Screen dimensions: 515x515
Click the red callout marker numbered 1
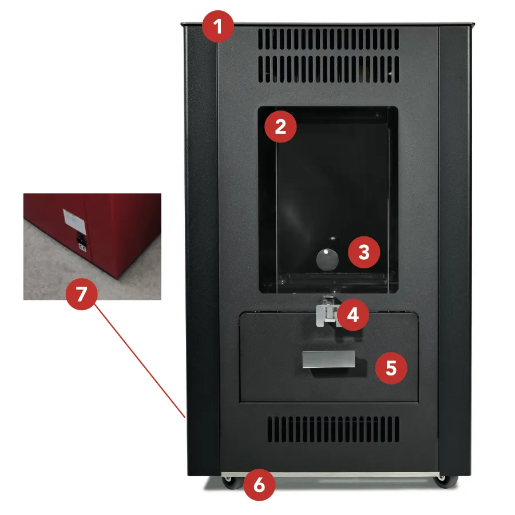click(218, 26)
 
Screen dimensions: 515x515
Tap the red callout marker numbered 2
click(280, 126)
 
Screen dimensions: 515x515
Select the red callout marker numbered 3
click(364, 252)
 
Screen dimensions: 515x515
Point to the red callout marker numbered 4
click(352, 315)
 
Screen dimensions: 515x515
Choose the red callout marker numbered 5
click(391, 368)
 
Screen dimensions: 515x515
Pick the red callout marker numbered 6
click(259, 485)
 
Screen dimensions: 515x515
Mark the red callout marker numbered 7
click(81, 294)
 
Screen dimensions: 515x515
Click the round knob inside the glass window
click(327, 259)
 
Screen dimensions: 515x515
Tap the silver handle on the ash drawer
click(328, 359)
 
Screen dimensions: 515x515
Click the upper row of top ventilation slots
click(328, 39)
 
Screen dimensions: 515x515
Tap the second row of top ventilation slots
click(328, 69)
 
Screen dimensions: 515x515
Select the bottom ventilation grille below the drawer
click(333, 429)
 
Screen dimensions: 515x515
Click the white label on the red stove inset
click(74, 220)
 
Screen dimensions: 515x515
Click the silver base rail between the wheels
click(330, 474)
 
